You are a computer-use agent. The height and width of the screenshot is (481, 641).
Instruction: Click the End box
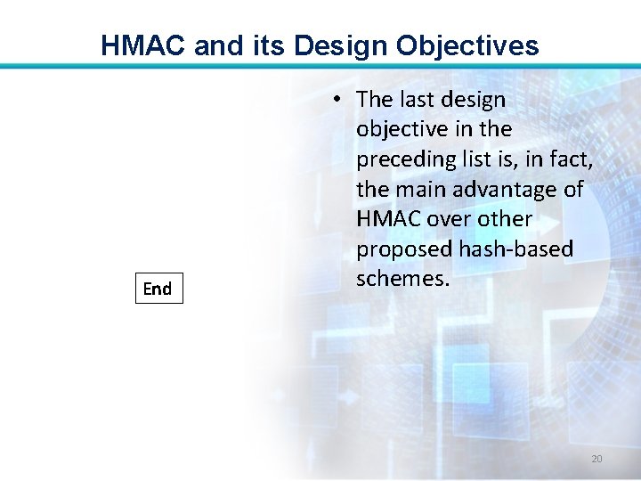tap(158, 289)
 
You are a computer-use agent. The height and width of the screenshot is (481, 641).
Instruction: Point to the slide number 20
tap(596, 459)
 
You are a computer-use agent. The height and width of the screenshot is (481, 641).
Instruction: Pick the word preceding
tap(405, 159)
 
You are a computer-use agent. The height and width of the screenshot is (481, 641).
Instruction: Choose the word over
tap(450, 219)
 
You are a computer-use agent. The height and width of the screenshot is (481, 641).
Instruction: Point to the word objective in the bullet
tap(401, 130)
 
